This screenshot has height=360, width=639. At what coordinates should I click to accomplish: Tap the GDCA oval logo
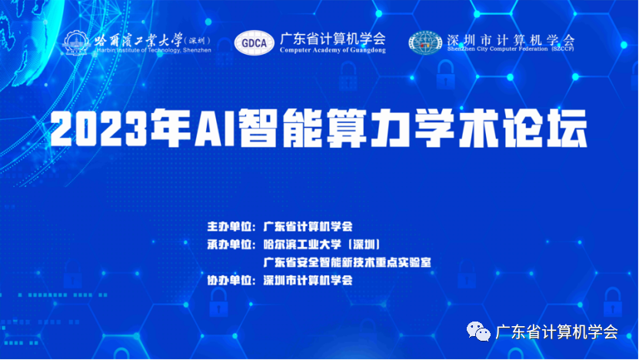(x=258, y=43)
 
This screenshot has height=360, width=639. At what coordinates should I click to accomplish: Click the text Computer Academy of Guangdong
(x=332, y=50)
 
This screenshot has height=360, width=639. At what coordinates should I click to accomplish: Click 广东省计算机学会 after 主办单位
(x=308, y=227)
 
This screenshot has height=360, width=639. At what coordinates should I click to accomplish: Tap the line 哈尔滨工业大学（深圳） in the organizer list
(x=322, y=245)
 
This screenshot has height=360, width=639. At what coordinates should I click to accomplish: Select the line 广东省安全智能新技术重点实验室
(x=346, y=262)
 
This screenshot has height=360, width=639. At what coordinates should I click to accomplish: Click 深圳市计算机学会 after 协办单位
(x=308, y=281)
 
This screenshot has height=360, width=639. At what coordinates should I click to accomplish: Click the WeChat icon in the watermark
(x=482, y=332)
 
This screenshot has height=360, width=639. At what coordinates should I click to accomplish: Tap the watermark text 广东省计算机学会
(x=559, y=332)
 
